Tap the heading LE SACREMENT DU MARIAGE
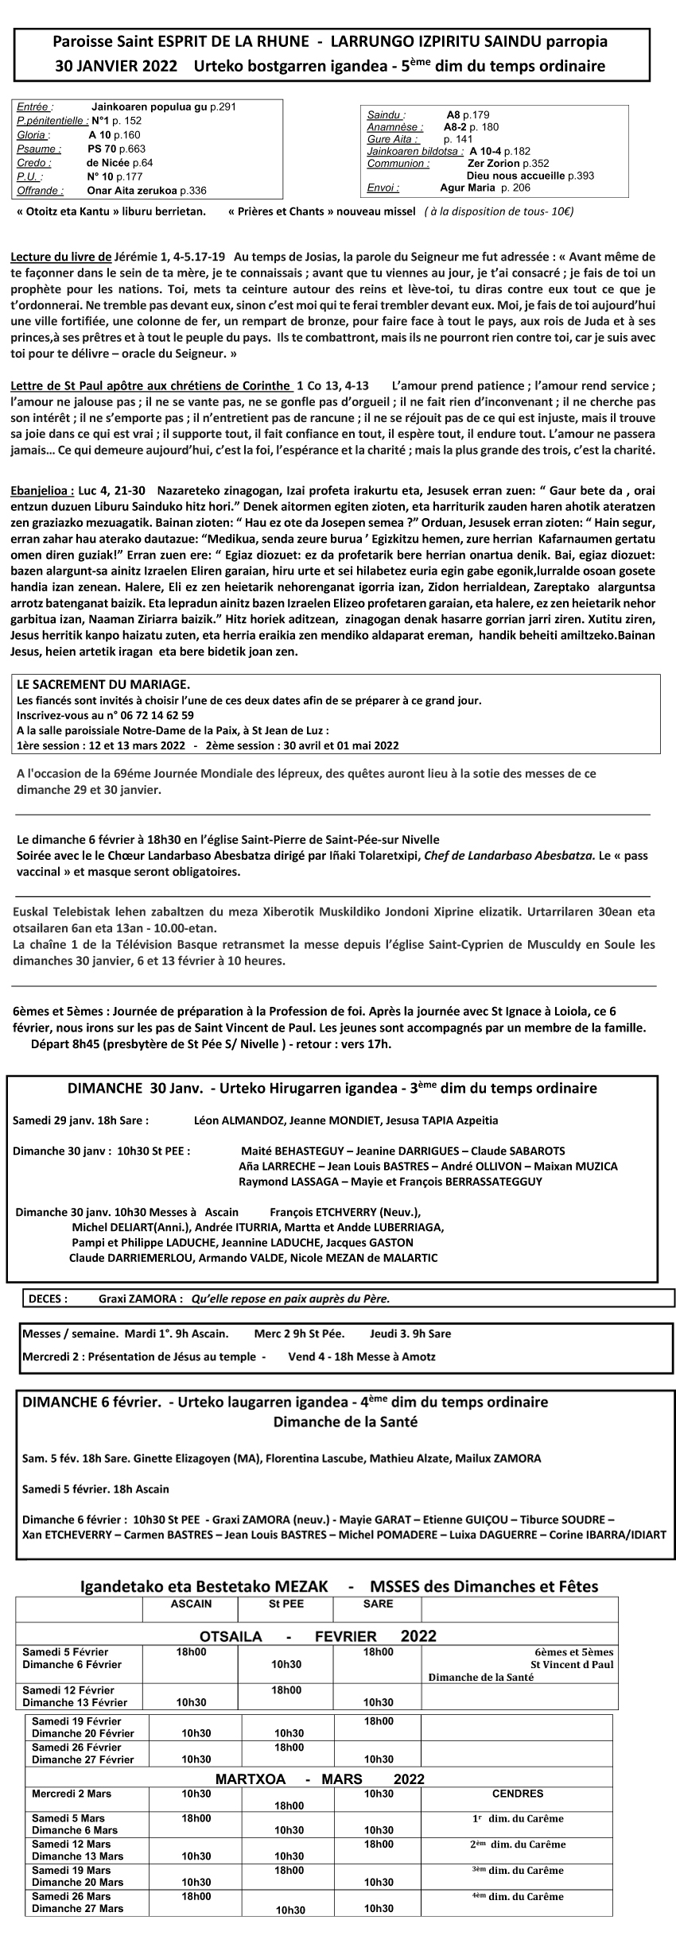click(x=103, y=683)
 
